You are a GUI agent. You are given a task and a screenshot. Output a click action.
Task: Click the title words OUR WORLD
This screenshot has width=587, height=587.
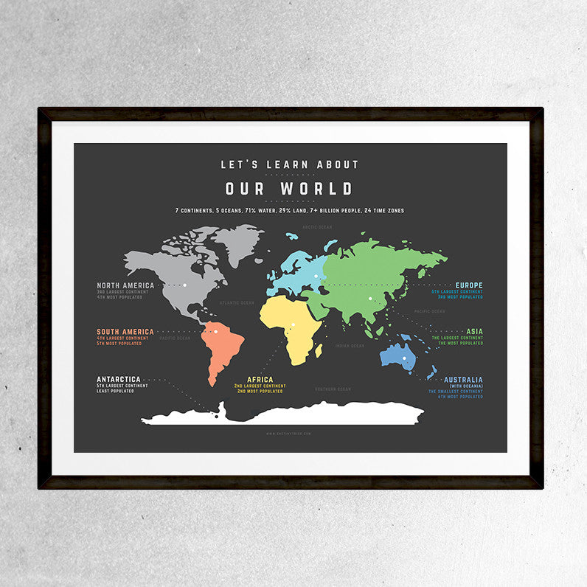(x=289, y=189)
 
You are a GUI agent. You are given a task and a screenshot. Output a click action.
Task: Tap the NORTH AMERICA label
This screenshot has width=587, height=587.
(x=125, y=285)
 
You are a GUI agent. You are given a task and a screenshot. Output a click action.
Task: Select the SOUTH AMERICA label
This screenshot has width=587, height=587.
(x=125, y=332)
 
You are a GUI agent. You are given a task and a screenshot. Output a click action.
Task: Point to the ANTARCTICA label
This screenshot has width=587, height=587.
(x=118, y=379)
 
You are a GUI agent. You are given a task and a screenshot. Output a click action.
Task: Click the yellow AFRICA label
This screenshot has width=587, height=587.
(x=260, y=380)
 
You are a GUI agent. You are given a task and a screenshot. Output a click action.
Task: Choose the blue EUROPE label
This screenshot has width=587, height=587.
(x=469, y=285)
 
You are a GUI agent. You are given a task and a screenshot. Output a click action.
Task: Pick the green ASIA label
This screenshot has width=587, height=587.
(x=474, y=332)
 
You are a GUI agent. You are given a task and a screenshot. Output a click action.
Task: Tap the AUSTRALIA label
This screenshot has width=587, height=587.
(x=463, y=380)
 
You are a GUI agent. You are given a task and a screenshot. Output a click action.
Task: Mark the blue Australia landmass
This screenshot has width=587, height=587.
(x=399, y=356)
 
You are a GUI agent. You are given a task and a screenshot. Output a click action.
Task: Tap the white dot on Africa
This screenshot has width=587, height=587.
(x=292, y=324)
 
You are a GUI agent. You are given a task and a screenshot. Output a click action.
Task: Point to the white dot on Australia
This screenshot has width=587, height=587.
(x=404, y=358)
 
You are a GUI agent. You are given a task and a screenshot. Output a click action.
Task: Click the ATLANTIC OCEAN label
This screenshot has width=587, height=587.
(x=237, y=302)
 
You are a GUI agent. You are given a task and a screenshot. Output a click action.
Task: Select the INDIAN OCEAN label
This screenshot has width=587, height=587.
(x=349, y=345)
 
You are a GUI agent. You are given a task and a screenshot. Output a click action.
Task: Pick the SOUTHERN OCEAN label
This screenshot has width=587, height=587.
(x=333, y=389)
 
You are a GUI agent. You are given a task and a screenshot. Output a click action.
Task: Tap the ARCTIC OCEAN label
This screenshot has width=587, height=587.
(x=317, y=228)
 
